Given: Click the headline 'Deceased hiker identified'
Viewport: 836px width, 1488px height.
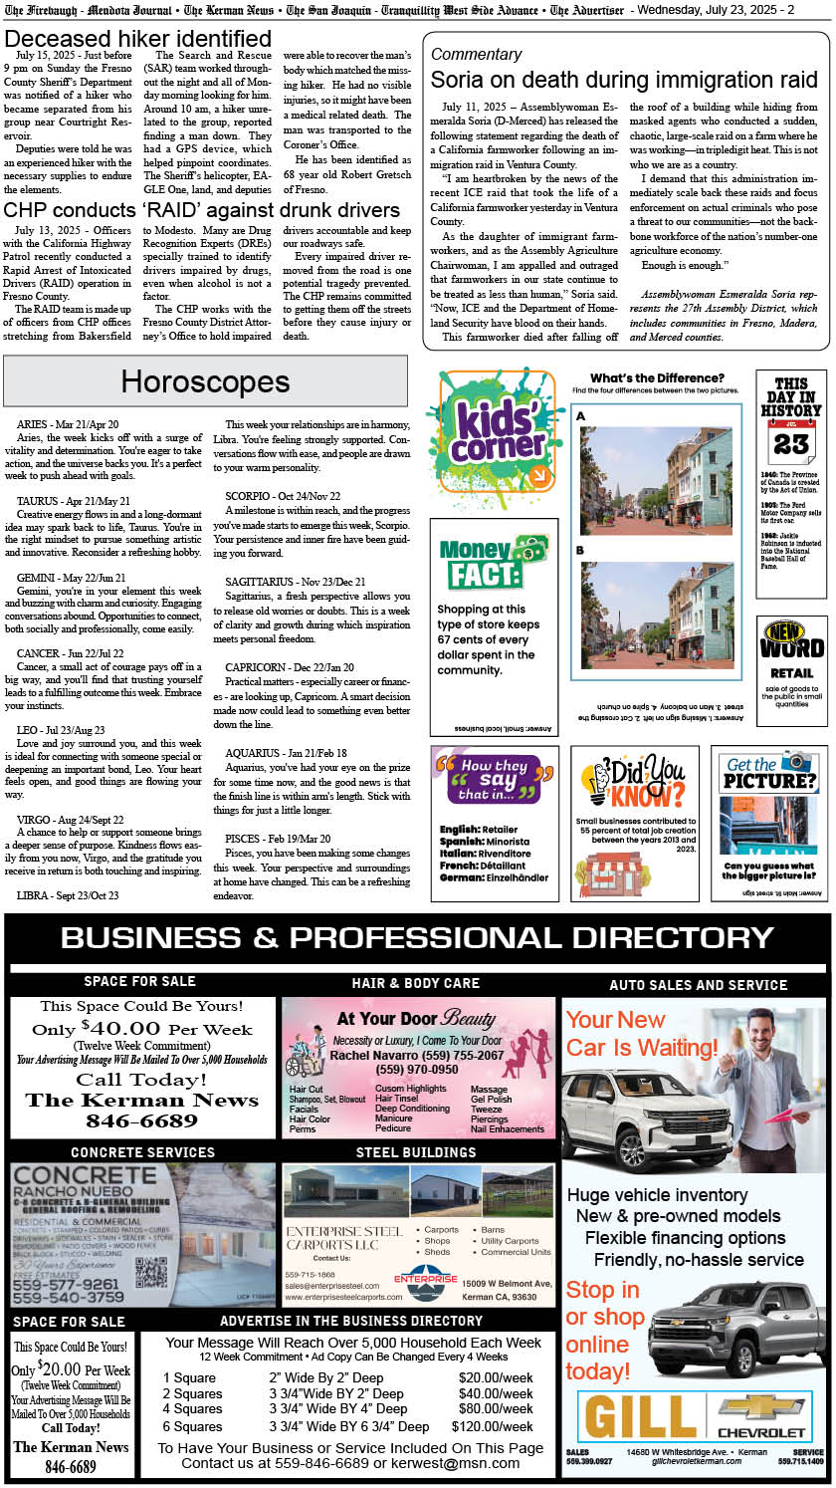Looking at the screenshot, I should (137, 39).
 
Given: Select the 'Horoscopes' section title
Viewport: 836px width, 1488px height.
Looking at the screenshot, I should (205, 380).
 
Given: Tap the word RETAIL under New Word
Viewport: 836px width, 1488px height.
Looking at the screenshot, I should (791, 672).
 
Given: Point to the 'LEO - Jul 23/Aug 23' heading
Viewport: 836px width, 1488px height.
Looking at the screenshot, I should (61, 730).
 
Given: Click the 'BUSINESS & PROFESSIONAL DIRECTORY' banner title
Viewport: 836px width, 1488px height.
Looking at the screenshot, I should (417, 937).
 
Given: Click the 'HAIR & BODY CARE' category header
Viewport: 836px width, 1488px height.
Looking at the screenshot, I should (416, 983).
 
